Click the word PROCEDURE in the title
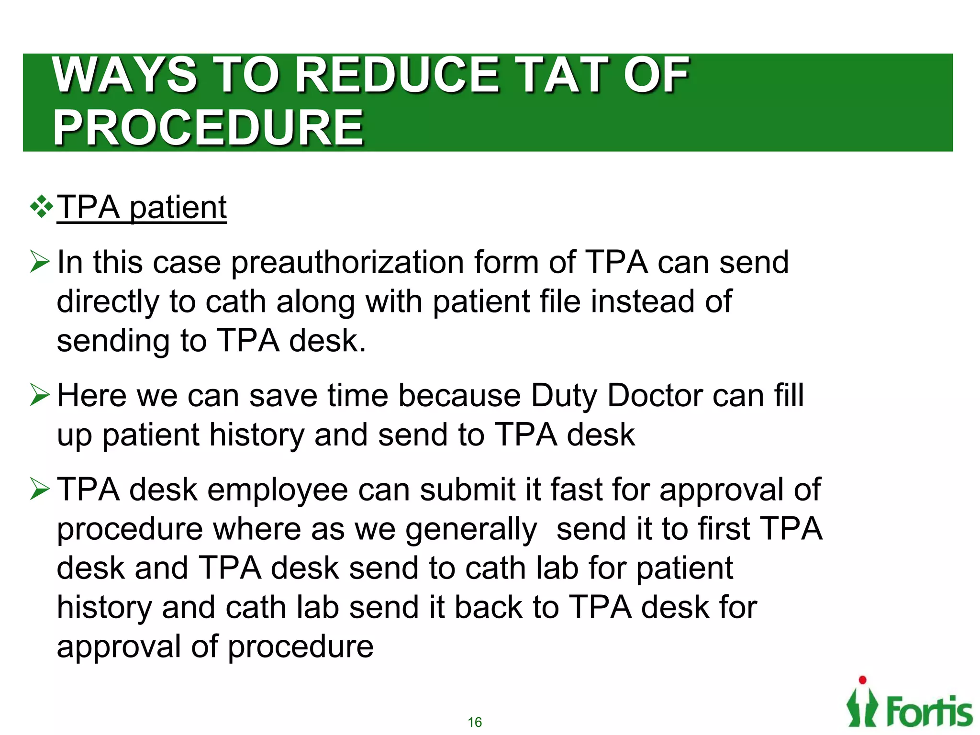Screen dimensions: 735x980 [208, 128]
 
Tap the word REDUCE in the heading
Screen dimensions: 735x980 [397, 75]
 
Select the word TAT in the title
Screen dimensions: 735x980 [563, 75]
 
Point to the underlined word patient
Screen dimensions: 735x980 [178, 209]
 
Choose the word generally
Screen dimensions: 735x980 [471, 531]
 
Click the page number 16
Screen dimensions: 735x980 [475, 722]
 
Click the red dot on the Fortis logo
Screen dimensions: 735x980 [862, 680]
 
